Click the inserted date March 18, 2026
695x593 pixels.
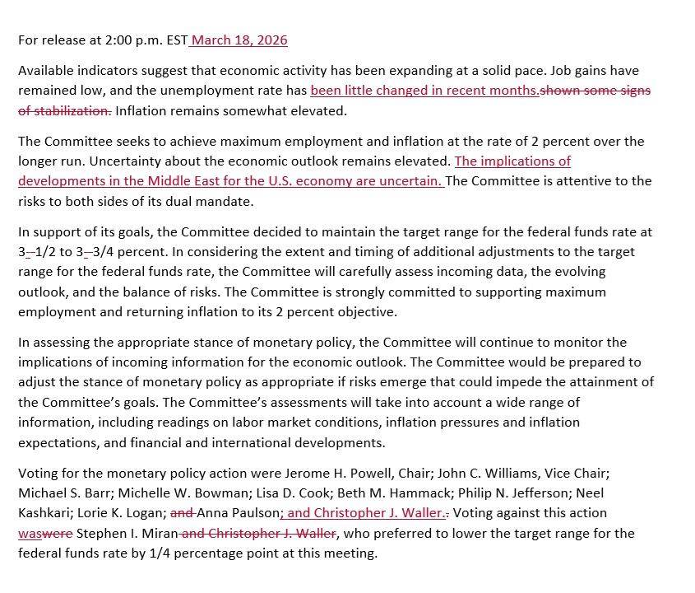[x=239, y=40]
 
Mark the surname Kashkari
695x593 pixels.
[x=47, y=513]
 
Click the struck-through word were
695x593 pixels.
[x=58, y=534]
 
